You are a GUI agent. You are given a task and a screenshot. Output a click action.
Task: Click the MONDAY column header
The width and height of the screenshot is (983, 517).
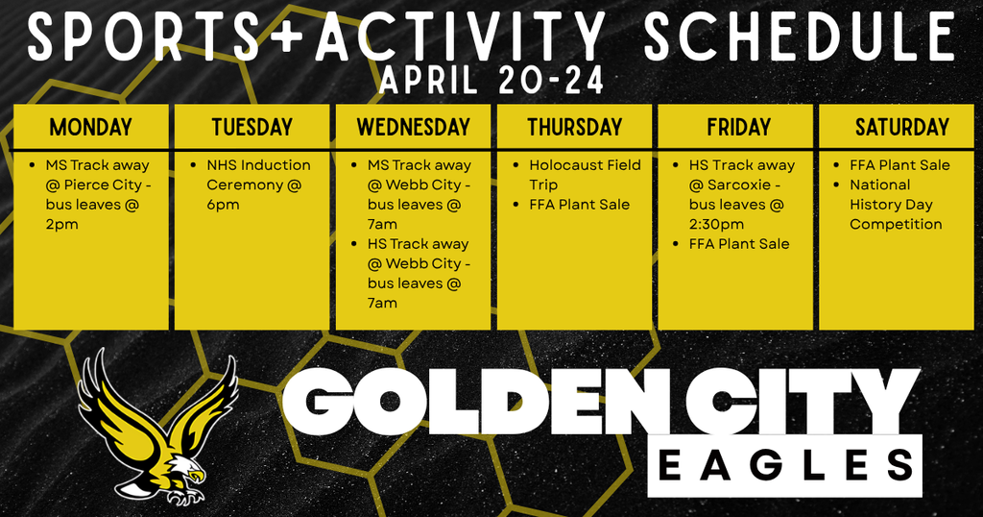(x=91, y=127)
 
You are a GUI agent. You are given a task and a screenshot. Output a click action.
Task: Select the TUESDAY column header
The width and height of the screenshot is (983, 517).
(x=252, y=127)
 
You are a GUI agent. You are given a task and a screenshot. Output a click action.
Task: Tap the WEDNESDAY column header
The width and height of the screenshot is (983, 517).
(x=413, y=127)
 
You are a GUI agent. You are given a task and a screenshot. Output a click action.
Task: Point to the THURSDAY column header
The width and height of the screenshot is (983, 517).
(x=574, y=127)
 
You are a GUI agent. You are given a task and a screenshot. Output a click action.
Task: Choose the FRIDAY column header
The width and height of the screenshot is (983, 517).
(x=737, y=127)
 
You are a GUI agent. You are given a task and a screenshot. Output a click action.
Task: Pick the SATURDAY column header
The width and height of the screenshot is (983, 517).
(x=901, y=127)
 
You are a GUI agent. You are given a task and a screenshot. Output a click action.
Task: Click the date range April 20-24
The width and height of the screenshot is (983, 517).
(x=491, y=81)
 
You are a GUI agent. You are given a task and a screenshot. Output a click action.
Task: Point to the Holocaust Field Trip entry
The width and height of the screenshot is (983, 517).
(x=583, y=175)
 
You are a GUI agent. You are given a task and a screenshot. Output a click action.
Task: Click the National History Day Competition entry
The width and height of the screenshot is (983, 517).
(x=896, y=205)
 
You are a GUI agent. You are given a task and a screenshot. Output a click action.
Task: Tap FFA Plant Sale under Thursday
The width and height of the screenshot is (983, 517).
(x=579, y=205)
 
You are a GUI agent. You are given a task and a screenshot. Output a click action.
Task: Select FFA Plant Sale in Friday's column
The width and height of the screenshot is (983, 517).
(x=738, y=244)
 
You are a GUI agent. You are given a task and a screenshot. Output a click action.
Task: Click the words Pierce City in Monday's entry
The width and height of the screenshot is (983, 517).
(x=107, y=185)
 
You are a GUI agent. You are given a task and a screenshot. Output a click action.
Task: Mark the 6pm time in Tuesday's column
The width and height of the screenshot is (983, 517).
(x=223, y=205)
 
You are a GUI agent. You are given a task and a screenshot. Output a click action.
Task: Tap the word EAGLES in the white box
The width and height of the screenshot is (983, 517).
(x=784, y=466)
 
